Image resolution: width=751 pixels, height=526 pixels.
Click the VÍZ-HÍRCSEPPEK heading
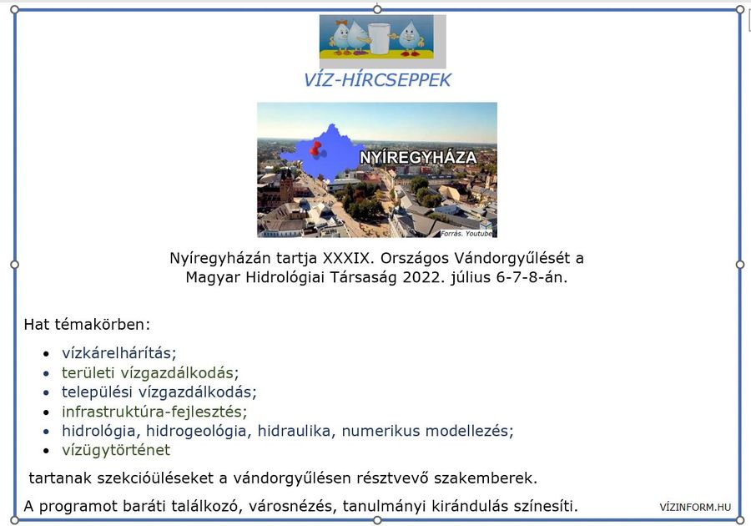point(377,80)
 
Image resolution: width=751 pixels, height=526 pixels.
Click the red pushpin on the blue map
point(315,149)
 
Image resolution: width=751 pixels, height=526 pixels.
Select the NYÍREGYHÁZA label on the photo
point(418,158)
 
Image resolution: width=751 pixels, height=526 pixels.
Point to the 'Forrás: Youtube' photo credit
point(466,233)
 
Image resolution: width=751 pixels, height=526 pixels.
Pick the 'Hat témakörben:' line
point(87,324)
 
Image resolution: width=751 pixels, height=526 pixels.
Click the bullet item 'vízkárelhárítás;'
point(118,353)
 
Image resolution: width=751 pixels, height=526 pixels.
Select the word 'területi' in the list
point(88,372)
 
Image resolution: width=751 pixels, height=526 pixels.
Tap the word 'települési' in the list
point(97,392)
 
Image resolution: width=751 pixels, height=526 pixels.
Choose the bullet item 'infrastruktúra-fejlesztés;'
point(154,412)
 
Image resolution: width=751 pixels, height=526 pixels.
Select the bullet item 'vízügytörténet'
point(116,450)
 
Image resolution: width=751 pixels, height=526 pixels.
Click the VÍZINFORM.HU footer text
point(695,508)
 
